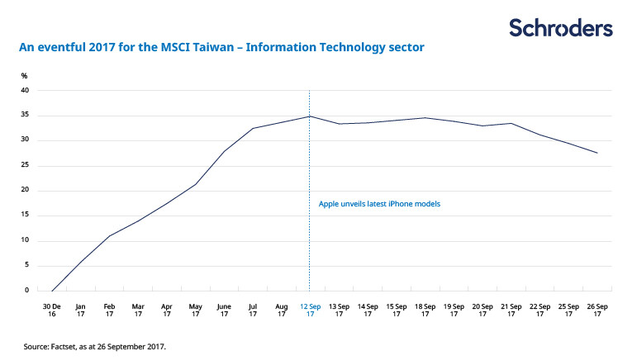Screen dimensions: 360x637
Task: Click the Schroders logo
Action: (x=561, y=28)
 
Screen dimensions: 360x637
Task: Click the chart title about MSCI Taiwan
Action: (x=221, y=48)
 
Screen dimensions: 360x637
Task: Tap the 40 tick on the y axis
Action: (x=26, y=90)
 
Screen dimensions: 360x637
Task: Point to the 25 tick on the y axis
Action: (x=26, y=165)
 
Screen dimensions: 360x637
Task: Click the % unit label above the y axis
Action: (x=25, y=76)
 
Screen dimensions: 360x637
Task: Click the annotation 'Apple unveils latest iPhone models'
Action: (x=379, y=203)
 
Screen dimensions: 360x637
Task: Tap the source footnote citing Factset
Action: (x=95, y=346)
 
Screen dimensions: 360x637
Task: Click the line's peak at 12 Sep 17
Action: (x=309, y=116)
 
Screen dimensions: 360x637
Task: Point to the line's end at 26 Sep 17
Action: (x=597, y=153)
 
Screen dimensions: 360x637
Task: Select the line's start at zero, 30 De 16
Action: (x=51, y=291)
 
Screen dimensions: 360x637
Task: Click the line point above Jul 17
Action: (x=252, y=128)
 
